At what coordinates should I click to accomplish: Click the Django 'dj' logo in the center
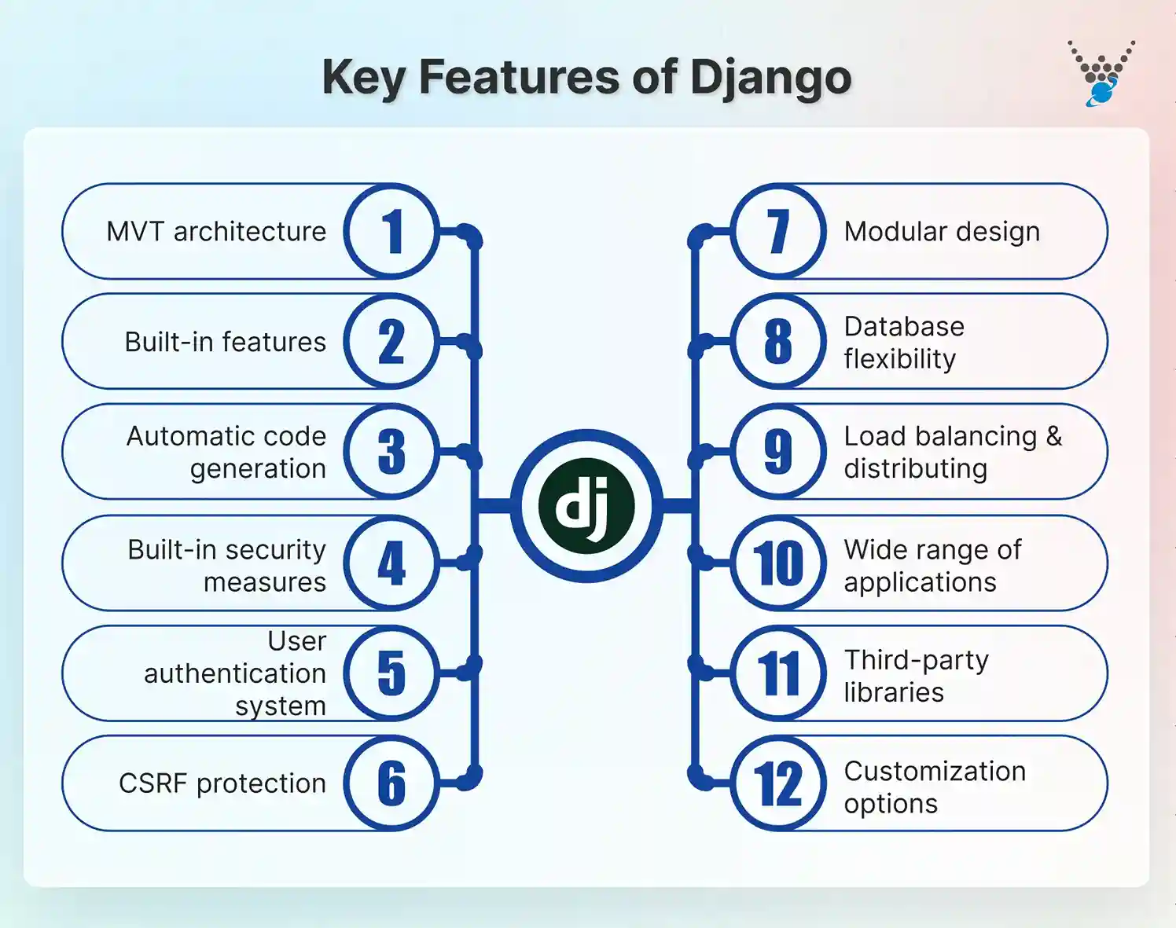click(586, 505)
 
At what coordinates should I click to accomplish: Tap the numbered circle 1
click(391, 232)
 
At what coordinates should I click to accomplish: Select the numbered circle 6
click(391, 783)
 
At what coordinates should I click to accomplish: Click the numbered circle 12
click(778, 783)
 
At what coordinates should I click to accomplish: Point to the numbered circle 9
click(778, 452)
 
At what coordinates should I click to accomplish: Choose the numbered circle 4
click(391, 563)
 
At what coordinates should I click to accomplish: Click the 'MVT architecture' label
click(216, 232)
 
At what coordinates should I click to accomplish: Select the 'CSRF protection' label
click(222, 783)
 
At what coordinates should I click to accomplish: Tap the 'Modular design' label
click(942, 232)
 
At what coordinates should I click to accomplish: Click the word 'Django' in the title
click(770, 78)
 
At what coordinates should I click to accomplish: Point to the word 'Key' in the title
click(364, 78)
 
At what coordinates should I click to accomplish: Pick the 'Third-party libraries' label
click(916, 676)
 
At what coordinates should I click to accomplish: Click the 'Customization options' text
click(934, 787)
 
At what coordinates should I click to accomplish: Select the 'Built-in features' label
click(225, 342)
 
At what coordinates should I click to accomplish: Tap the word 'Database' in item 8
click(904, 326)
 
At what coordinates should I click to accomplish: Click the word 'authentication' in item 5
click(234, 673)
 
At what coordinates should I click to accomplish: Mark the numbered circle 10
click(778, 563)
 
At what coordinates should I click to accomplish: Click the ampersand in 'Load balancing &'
click(1053, 436)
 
